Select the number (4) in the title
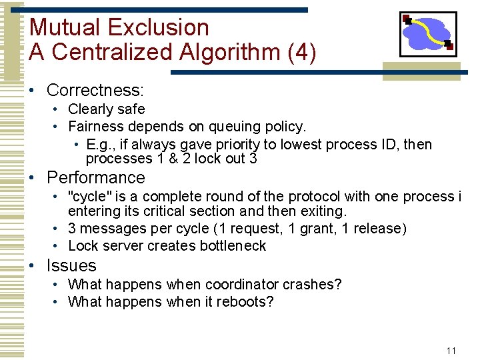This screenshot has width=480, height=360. click(x=302, y=53)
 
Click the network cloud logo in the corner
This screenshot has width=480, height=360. click(x=427, y=34)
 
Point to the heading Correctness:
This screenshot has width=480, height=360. click(x=95, y=90)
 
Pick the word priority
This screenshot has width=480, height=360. click(x=230, y=145)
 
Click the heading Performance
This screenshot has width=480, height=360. click(x=95, y=178)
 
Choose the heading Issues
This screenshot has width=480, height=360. click(x=71, y=265)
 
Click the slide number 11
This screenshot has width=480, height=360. click(x=451, y=350)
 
